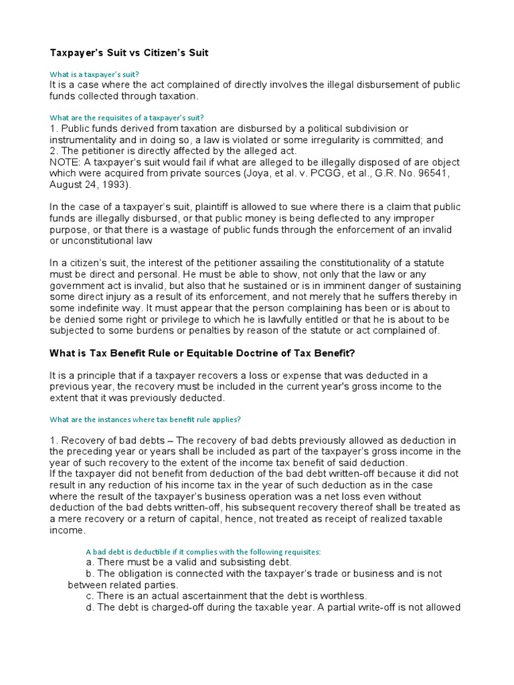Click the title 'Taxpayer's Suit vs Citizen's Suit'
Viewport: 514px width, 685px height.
pos(129,52)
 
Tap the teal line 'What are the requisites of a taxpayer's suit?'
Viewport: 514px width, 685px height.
pos(127,117)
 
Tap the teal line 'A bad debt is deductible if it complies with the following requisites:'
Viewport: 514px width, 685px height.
pos(203,551)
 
